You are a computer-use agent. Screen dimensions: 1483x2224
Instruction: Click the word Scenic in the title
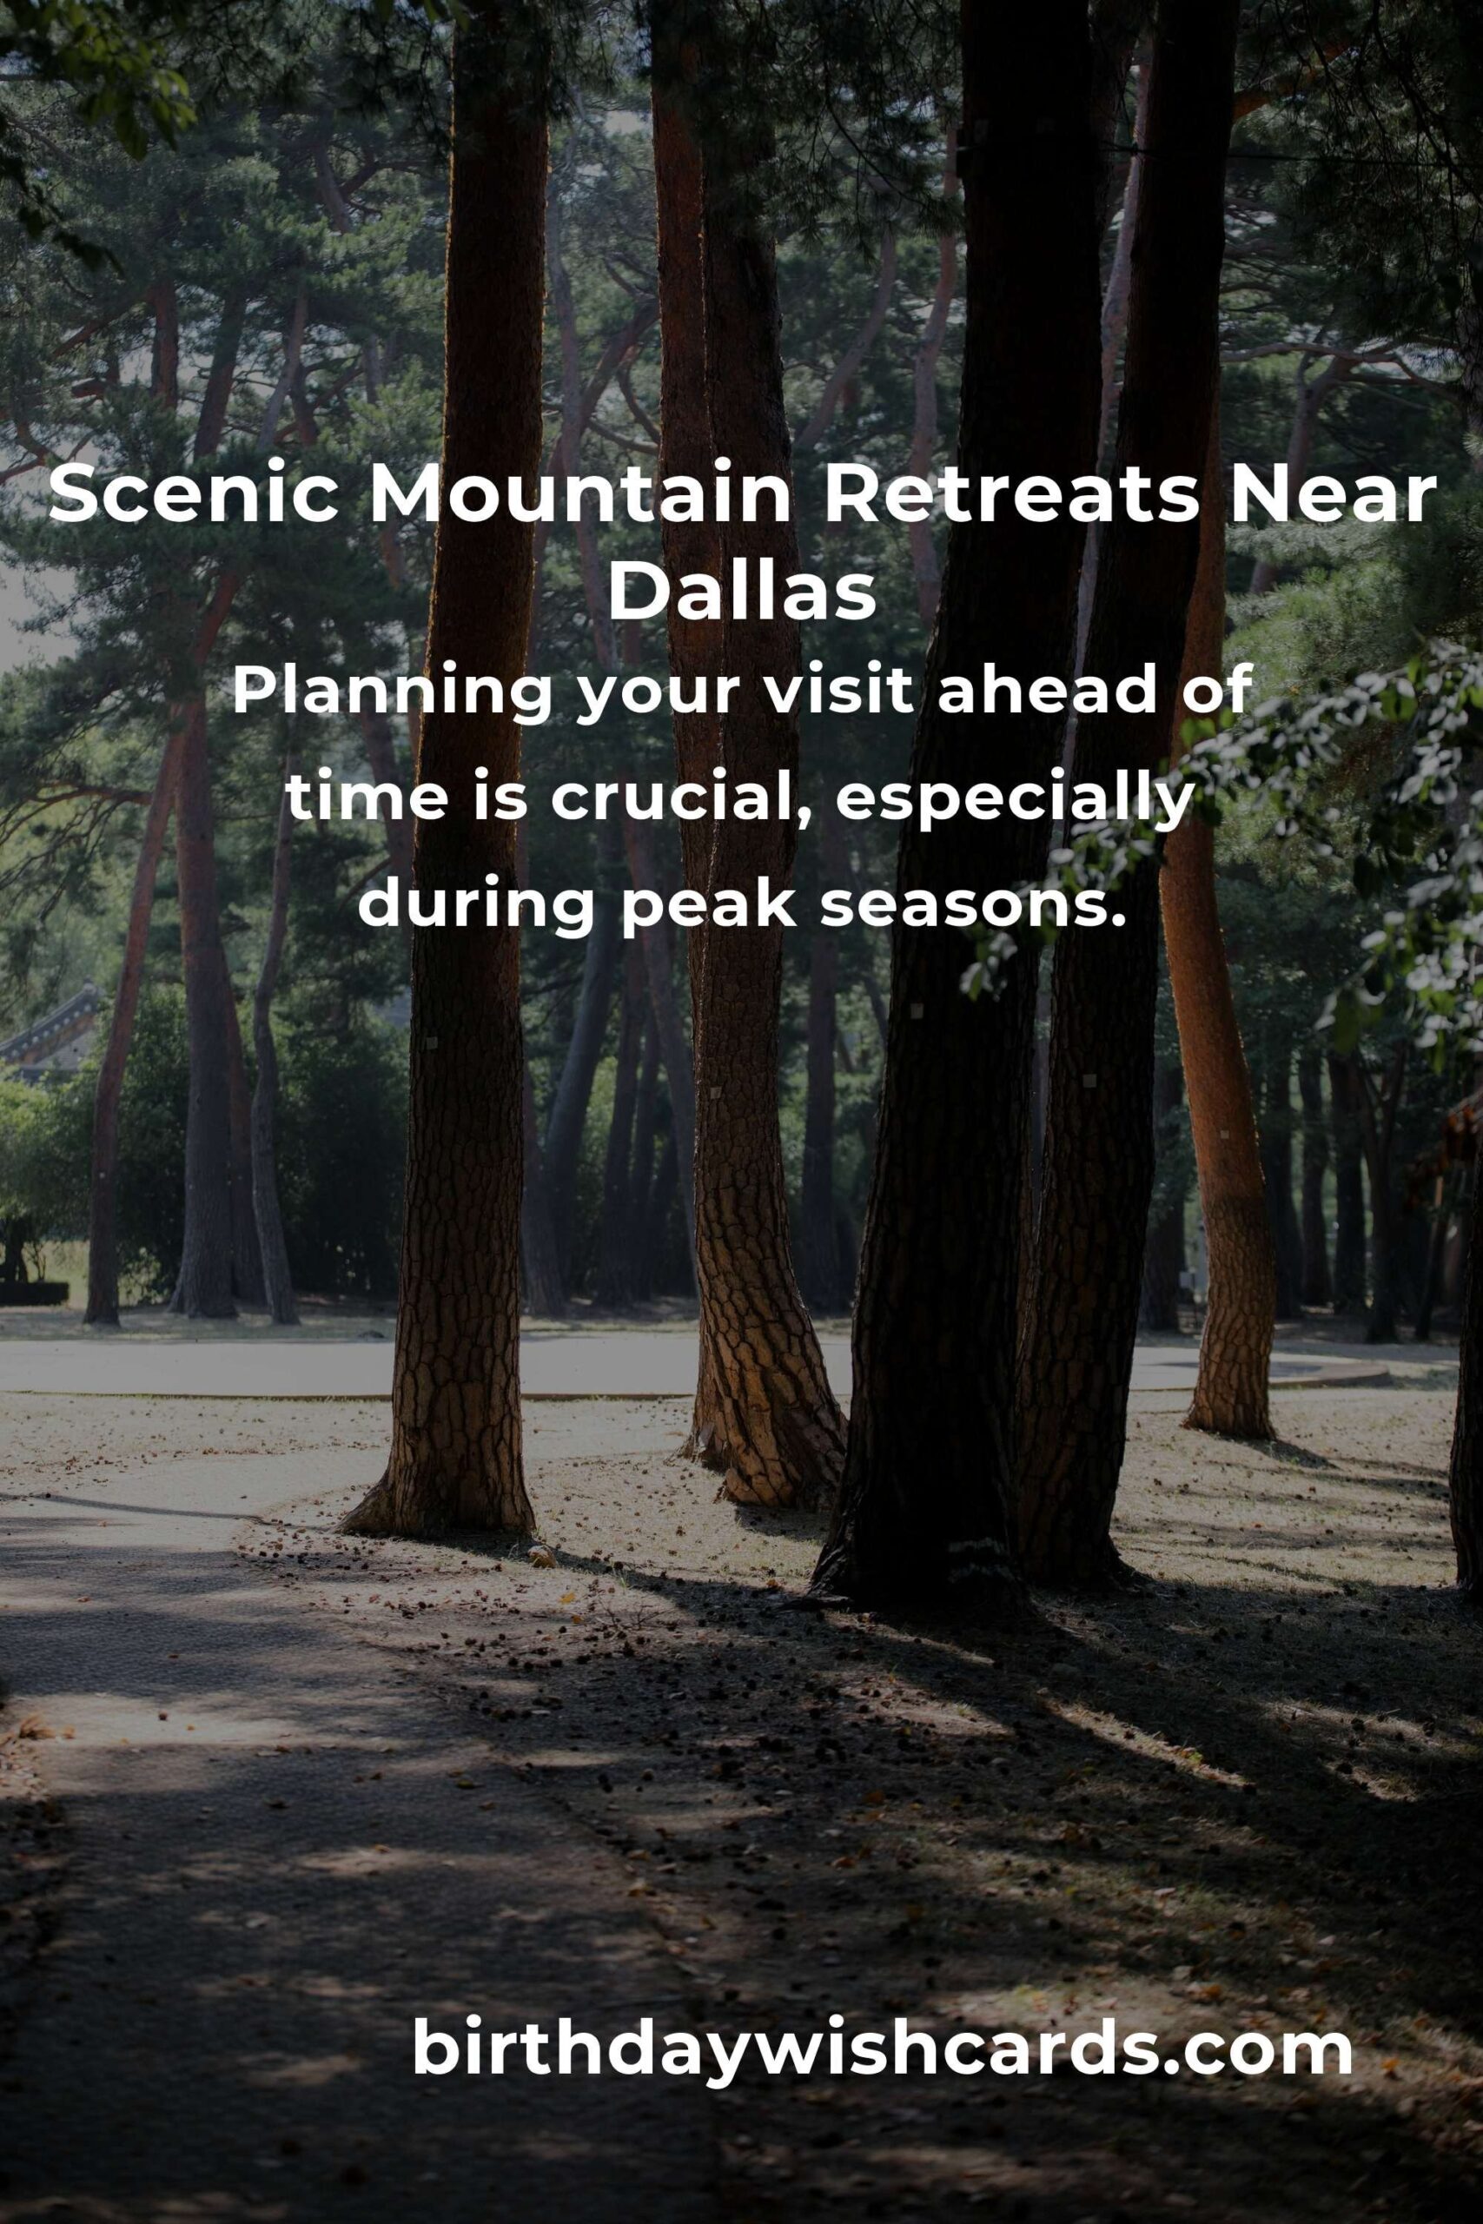pos(194,495)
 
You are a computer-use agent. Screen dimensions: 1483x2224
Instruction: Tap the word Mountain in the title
pos(579,495)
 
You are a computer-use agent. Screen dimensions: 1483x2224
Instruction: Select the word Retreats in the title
pos(1011,495)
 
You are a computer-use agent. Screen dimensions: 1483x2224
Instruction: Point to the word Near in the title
pos(1332,495)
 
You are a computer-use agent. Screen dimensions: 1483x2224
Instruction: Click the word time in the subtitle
pos(367,799)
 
